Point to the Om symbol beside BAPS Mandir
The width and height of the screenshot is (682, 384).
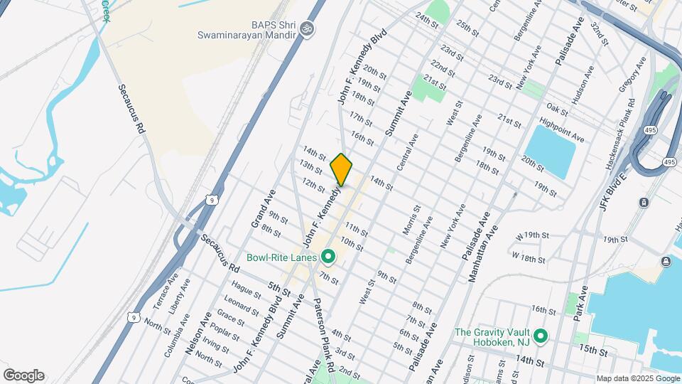click(x=307, y=29)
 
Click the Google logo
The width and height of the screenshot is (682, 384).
click(x=23, y=375)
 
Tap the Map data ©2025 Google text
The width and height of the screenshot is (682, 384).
click(x=637, y=378)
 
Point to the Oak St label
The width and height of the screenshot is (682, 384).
click(x=557, y=108)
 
